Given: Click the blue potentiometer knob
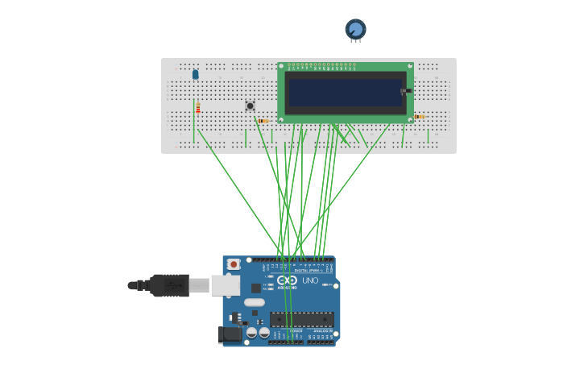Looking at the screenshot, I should pyautogui.click(x=355, y=29).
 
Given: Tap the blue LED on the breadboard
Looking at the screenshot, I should pyautogui.click(x=195, y=74).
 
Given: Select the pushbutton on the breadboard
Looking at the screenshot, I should pyautogui.click(x=250, y=106).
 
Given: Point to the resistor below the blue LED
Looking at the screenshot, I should pyautogui.click(x=198, y=107).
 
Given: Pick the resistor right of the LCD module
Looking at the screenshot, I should pyautogui.click(x=419, y=117).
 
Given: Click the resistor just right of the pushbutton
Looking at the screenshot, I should pyautogui.click(x=263, y=121).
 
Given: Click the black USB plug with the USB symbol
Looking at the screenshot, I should pyautogui.click(x=169, y=285).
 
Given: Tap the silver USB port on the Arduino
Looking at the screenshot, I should pyautogui.click(x=225, y=284).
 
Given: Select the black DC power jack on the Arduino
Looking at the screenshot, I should pyautogui.click(x=230, y=334).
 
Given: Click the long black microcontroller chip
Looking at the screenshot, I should pyautogui.click(x=301, y=319).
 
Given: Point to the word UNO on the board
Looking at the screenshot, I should pyautogui.click(x=310, y=280).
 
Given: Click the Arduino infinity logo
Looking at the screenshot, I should pyautogui.click(x=287, y=280).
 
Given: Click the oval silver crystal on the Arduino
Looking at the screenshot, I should pyautogui.click(x=255, y=302).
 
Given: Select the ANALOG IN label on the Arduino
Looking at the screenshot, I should pyautogui.click(x=321, y=330).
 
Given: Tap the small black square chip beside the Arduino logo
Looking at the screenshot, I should pyautogui.click(x=255, y=288).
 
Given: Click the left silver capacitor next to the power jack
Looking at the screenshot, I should pyautogui.click(x=251, y=332).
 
